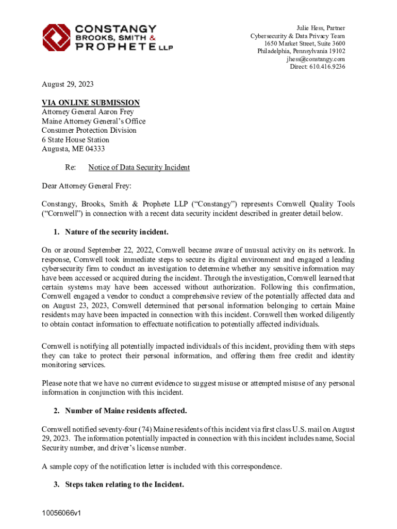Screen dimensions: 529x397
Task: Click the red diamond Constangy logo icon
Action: (x=56, y=37)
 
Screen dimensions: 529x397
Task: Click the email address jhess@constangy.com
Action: (x=316, y=59)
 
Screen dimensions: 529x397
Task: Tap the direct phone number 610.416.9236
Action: (x=327, y=67)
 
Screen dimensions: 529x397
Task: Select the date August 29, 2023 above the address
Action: (x=68, y=84)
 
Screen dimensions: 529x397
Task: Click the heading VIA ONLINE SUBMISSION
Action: (x=91, y=103)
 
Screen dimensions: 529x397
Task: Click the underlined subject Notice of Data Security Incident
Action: (x=139, y=167)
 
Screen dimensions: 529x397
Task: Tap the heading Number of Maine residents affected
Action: (x=126, y=411)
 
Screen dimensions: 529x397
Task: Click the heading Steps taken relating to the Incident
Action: (x=124, y=485)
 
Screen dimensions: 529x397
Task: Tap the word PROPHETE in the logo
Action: (x=113, y=48)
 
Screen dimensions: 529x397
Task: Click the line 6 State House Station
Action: (x=75, y=140)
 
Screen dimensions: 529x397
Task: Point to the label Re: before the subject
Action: (x=70, y=167)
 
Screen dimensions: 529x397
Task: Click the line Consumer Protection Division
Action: (x=89, y=131)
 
